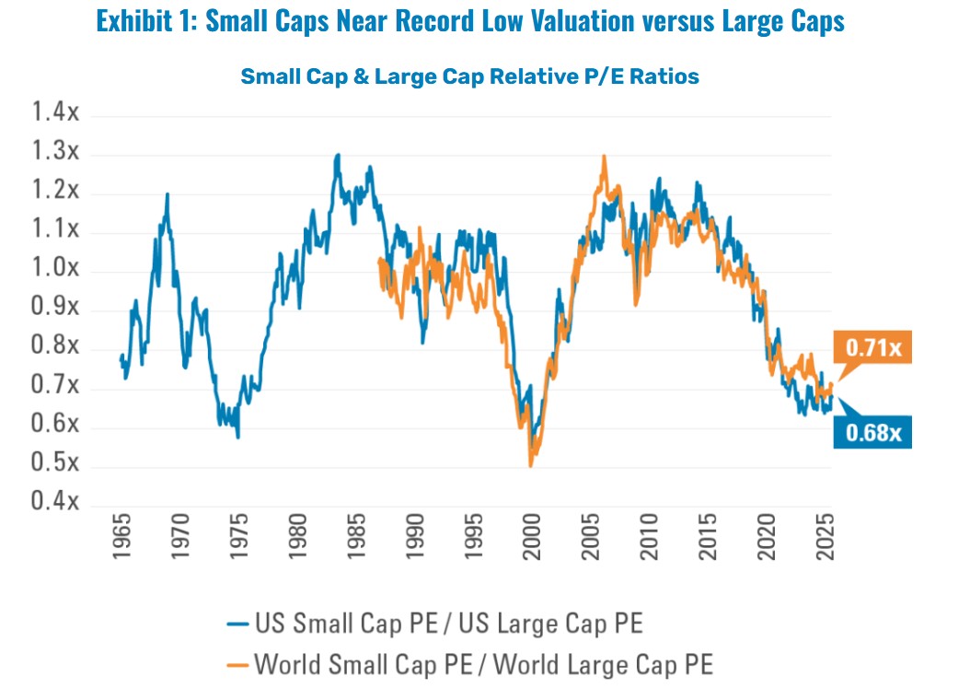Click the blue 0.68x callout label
click(873, 430)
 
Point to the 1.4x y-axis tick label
click(56, 113)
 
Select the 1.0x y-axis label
click(56, 270)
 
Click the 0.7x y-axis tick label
click(56, 387)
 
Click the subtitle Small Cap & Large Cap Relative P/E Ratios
click(469, 76)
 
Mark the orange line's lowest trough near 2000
click(530, 466)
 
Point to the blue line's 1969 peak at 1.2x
click(167, 193)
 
